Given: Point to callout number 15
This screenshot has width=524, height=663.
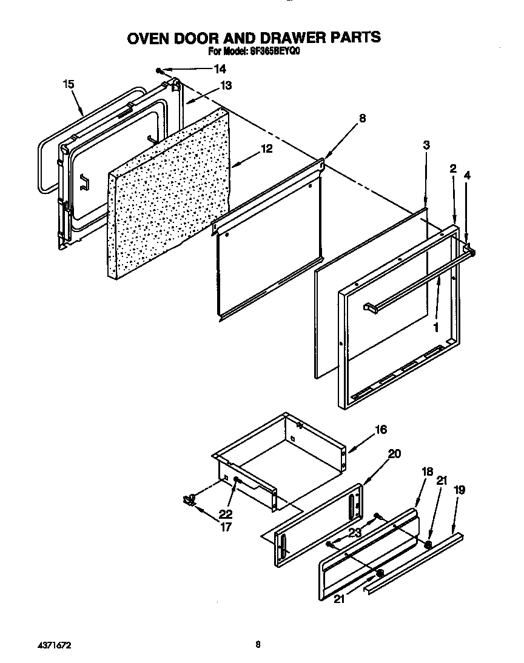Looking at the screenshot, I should pos(69,84).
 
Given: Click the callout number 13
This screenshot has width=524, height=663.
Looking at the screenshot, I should pos(225,86).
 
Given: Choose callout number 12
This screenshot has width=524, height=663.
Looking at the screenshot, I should pos(266,148).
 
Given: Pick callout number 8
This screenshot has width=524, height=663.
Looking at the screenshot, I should pos(362,119).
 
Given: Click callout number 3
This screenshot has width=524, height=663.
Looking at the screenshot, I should pos(426,145).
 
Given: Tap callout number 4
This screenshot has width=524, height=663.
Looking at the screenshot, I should pos(466,176).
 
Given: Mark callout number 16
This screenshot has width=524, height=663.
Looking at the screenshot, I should pos(380,430).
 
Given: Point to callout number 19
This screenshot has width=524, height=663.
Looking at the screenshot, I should pos(460,490).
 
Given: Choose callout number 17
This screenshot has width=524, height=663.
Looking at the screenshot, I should pos(225,527).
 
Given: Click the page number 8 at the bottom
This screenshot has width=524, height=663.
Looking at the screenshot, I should pos(258,645).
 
